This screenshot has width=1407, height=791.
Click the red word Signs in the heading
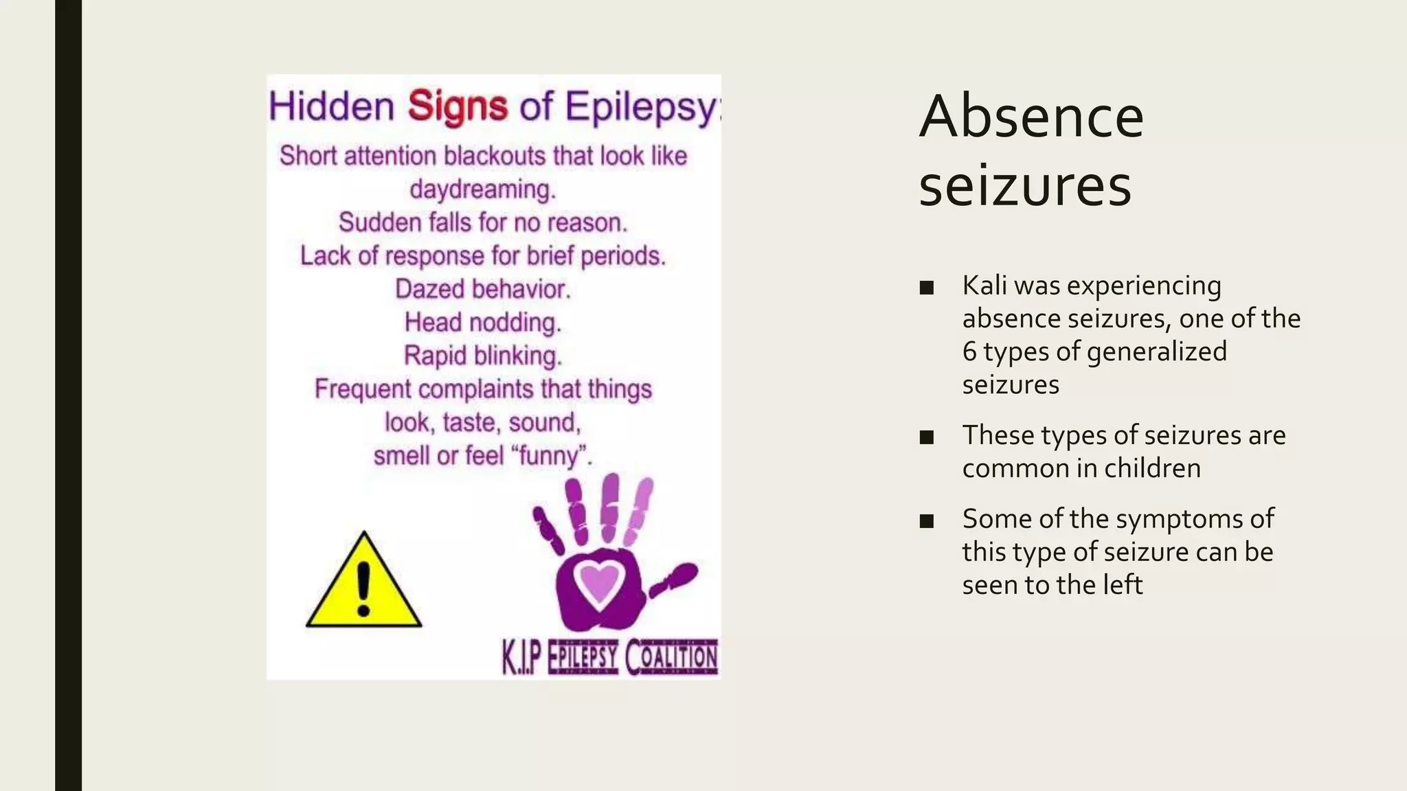458,107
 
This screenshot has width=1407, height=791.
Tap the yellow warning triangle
363,584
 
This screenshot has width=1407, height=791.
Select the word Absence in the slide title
1031,116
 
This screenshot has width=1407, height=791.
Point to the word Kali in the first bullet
984,286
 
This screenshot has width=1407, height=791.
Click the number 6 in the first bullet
969,352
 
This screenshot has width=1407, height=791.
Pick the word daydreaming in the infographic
482,189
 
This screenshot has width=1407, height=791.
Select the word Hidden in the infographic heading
331,107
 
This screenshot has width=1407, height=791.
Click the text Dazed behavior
482,289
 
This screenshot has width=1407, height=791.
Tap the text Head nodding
482,322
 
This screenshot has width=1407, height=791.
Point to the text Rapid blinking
482,356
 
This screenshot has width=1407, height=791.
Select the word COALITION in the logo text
671,657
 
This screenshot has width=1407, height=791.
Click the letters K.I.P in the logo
522,658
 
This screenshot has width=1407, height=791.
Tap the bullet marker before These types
926,437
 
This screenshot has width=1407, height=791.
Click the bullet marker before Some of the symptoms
926,520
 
